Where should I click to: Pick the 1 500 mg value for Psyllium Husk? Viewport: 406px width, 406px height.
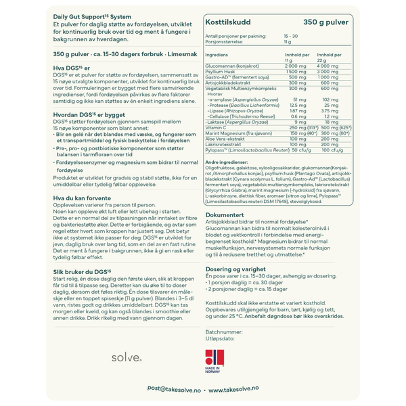(x=296, y=71)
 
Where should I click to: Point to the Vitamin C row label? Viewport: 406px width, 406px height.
(x=215, y=127)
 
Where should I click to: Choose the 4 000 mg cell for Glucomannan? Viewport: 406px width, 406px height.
(x=328, y=66)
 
